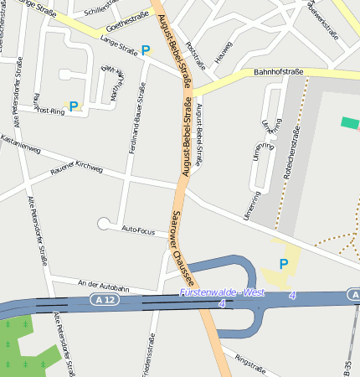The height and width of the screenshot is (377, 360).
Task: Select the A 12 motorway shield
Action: tap(104, 299)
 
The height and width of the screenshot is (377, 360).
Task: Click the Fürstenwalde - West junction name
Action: tap(221, 292)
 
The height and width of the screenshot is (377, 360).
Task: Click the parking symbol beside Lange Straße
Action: tap(146, 51)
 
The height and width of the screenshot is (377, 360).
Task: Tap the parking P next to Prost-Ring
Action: tap(74, 106)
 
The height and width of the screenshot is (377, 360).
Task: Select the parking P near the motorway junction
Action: tap(283, 265)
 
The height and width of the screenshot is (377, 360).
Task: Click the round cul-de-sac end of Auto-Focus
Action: tap(104, 223)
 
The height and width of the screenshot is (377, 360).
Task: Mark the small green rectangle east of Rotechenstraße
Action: tap(350, 122)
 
